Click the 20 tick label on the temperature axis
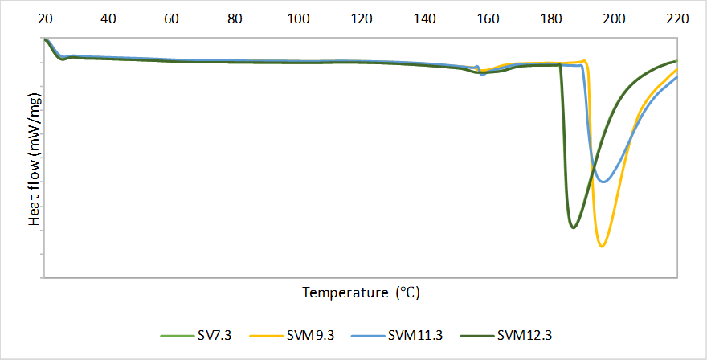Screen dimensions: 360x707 (45, 18)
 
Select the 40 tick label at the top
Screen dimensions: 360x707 (108, 18)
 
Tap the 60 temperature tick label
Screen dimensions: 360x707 (171, 18)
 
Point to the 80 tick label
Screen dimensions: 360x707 (235, 18)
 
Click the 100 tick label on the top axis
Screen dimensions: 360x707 (298, 18)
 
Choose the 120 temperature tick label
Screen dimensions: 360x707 (362, 18)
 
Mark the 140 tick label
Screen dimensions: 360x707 (425, 18)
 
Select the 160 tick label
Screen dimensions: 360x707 (488, 18)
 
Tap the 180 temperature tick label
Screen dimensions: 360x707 (551, 18)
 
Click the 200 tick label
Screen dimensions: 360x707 (615, 18)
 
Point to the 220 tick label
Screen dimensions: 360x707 (677, 18)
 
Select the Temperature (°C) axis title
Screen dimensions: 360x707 (361, 292)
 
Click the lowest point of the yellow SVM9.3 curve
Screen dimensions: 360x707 (602, 246)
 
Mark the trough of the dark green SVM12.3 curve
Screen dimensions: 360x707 (573, 227)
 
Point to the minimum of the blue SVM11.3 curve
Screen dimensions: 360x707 (604, 182)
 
